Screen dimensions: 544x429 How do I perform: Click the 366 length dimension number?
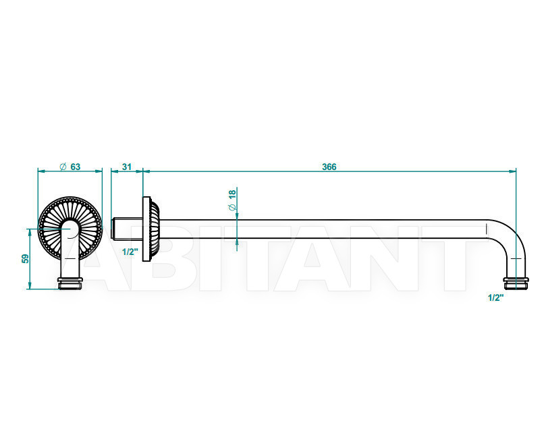329,167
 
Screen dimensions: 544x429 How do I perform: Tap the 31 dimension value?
127,167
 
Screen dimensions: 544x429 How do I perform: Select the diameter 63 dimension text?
70,167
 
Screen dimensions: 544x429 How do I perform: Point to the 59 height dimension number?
26,258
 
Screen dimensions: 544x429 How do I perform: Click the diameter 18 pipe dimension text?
232,200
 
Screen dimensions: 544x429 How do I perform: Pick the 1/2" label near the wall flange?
130,252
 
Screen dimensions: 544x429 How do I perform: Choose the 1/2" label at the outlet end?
495,297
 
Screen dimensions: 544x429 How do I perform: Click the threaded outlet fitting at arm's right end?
516,283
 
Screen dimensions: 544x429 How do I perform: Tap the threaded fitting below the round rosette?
70,283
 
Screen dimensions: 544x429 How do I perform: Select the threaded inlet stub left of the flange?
127,229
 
